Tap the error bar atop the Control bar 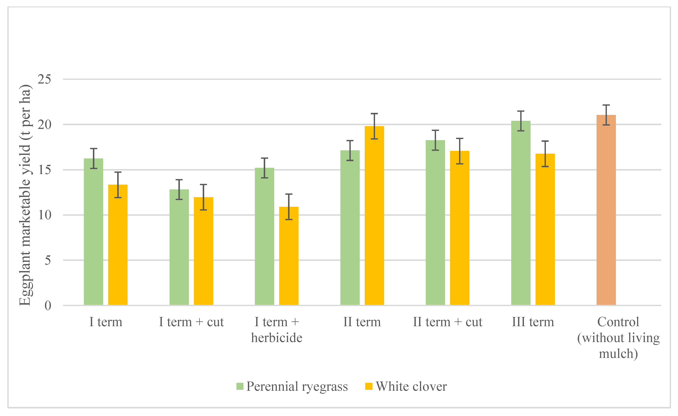(x=606, y=115)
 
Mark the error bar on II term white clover (x=374, y=126)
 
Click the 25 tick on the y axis (x=44, y=79)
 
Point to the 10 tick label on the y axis (x=44, y=215)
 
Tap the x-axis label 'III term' (x=533, y=322)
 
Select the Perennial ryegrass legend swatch (x=240, y=386)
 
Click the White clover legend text (x=411, y=386)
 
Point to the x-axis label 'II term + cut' (x=447, y=322)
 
